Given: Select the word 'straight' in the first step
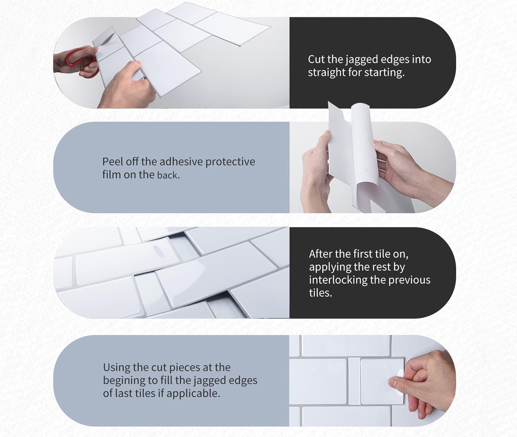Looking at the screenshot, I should pyautogui.click(x=324, y=73).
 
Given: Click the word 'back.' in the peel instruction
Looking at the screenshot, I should pyautogui.click(x=168, y=175).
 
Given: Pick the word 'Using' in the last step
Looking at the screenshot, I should pyautogui.click(x=116, y=367).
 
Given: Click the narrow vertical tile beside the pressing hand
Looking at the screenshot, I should pyautogui.click(x=354, y=381).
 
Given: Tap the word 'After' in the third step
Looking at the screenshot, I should pyautogui.click(x=321, y=254).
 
